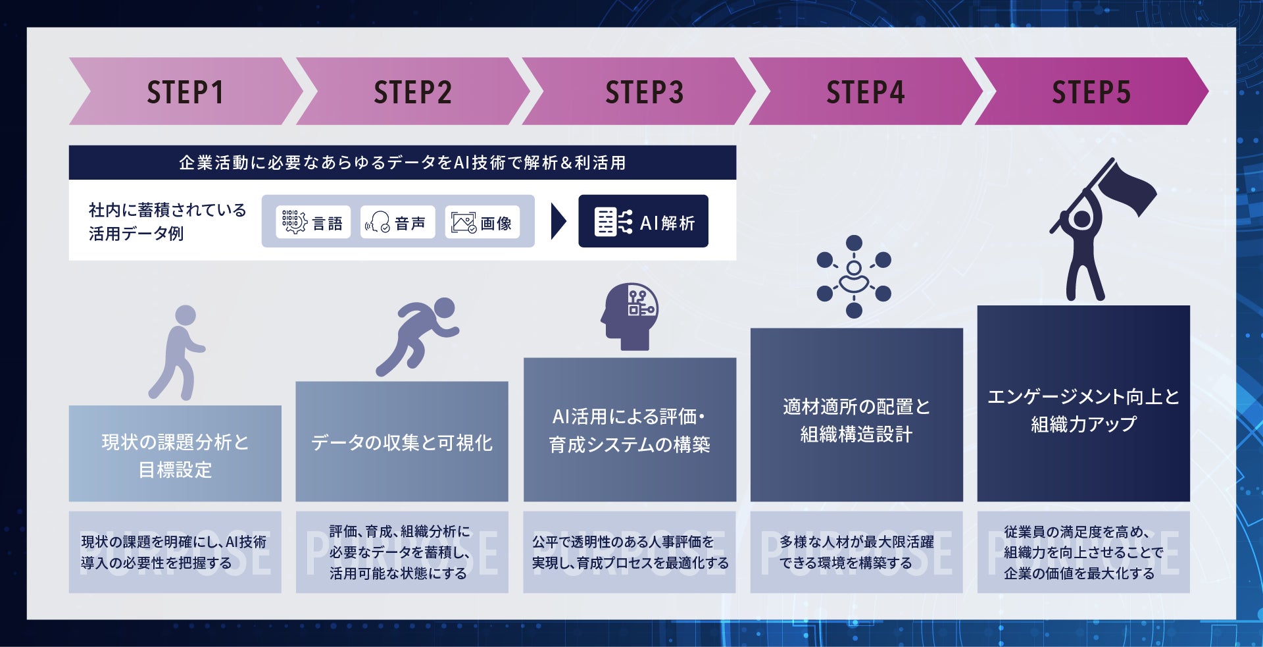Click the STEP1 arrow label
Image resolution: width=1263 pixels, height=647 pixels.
(185, 92)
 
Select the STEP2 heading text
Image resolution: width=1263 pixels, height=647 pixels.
(412, 92)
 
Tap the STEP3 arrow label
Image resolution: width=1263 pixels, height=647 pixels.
(644, 92)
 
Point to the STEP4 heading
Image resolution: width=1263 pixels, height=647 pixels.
(865, 92)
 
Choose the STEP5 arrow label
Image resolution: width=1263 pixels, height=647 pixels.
(1091, 92)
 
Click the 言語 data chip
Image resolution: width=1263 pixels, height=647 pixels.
(313, 222)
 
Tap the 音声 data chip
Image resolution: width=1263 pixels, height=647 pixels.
(397, 222)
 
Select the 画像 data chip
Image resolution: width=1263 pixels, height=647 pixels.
(482, 222)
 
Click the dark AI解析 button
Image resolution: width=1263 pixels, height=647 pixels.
(643, 222)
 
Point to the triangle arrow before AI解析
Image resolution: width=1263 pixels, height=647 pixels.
(558, 222)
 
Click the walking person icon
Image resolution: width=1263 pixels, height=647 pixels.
(177, 352)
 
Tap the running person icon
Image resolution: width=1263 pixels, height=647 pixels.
(417, 336)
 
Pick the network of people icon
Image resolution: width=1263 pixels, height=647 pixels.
(853, 276)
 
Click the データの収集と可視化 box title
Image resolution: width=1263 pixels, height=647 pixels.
(401, 443)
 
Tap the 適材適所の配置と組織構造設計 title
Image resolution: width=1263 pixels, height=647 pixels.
(856, 421)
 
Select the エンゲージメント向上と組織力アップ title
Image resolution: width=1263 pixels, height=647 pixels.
(1083, 410)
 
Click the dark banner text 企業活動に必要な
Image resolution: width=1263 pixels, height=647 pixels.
(402, 163)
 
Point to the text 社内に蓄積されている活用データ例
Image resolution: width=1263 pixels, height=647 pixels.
(167, 222)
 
